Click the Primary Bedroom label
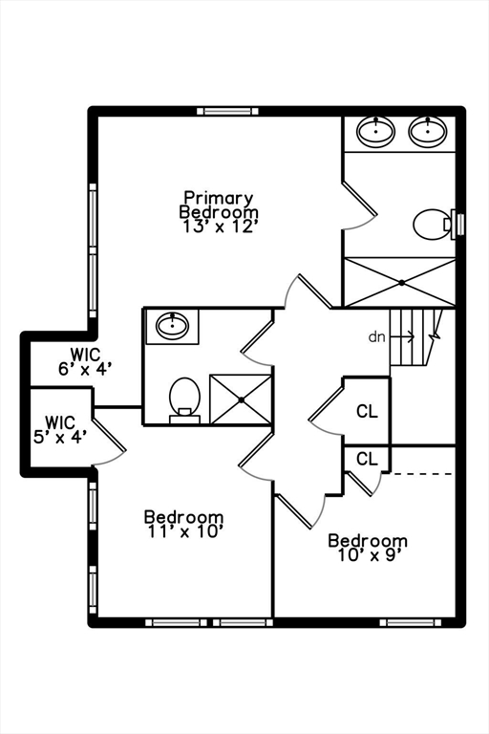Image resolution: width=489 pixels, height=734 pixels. pos(219,205)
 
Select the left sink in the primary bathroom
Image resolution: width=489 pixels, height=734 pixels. pos(375,131)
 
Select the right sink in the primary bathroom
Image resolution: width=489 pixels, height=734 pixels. pos(428,131)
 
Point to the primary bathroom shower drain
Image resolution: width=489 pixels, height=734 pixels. pos(401,282)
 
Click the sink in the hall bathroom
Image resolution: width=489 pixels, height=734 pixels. pos(173,325)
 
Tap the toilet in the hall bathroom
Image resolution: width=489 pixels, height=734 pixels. pos(185,399)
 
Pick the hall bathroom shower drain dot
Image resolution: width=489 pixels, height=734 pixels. pos(241,399)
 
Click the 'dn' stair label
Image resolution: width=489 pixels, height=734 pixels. pos(376,336)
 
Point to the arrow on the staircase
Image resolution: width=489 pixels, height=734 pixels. pos(402,336)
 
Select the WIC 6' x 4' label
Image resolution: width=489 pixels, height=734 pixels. pos(86,361)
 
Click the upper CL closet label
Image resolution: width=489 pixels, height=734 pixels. pos(367,411)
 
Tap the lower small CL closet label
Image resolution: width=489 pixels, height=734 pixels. pos(367,459)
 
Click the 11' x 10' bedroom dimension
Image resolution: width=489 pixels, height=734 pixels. pos(184,531)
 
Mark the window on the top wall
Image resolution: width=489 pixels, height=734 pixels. pos(227,112)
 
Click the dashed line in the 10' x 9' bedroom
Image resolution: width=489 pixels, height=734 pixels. pos(421,474)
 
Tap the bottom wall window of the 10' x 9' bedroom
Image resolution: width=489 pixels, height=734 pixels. pos(410,622)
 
